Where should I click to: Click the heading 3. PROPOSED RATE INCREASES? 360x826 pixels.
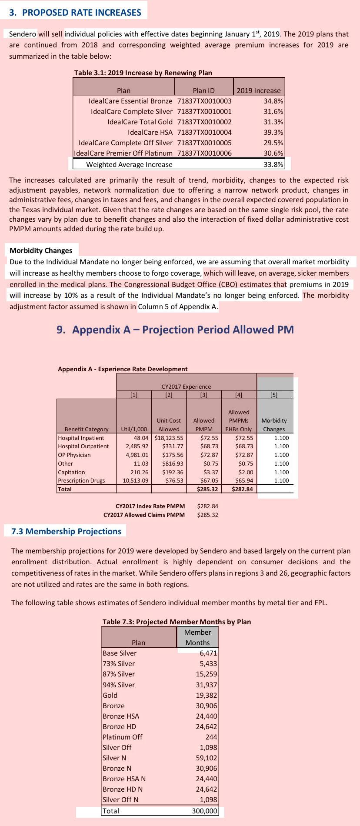[75, 13]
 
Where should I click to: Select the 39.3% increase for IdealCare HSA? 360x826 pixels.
[273, 132]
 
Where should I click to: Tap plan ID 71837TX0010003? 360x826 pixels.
[204, 101]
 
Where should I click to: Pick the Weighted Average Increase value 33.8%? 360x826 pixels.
[273, 164]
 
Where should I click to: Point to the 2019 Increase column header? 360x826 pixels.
[259, 90]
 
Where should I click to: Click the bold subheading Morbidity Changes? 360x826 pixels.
[41, 250]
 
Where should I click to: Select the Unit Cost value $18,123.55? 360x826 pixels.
[169, 438]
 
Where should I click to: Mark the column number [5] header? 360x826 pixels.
[274, 395]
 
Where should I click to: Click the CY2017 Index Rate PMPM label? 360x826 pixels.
[150, 506]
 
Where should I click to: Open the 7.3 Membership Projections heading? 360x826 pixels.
[66, 531]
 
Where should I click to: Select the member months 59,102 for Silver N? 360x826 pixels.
[206, 758]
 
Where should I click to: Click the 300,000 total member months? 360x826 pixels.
[204, 811]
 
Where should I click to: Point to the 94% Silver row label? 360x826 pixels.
[119, 685]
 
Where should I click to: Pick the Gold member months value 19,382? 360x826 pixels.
[206, 695]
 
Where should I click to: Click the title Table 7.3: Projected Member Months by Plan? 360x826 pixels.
[177, 622]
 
